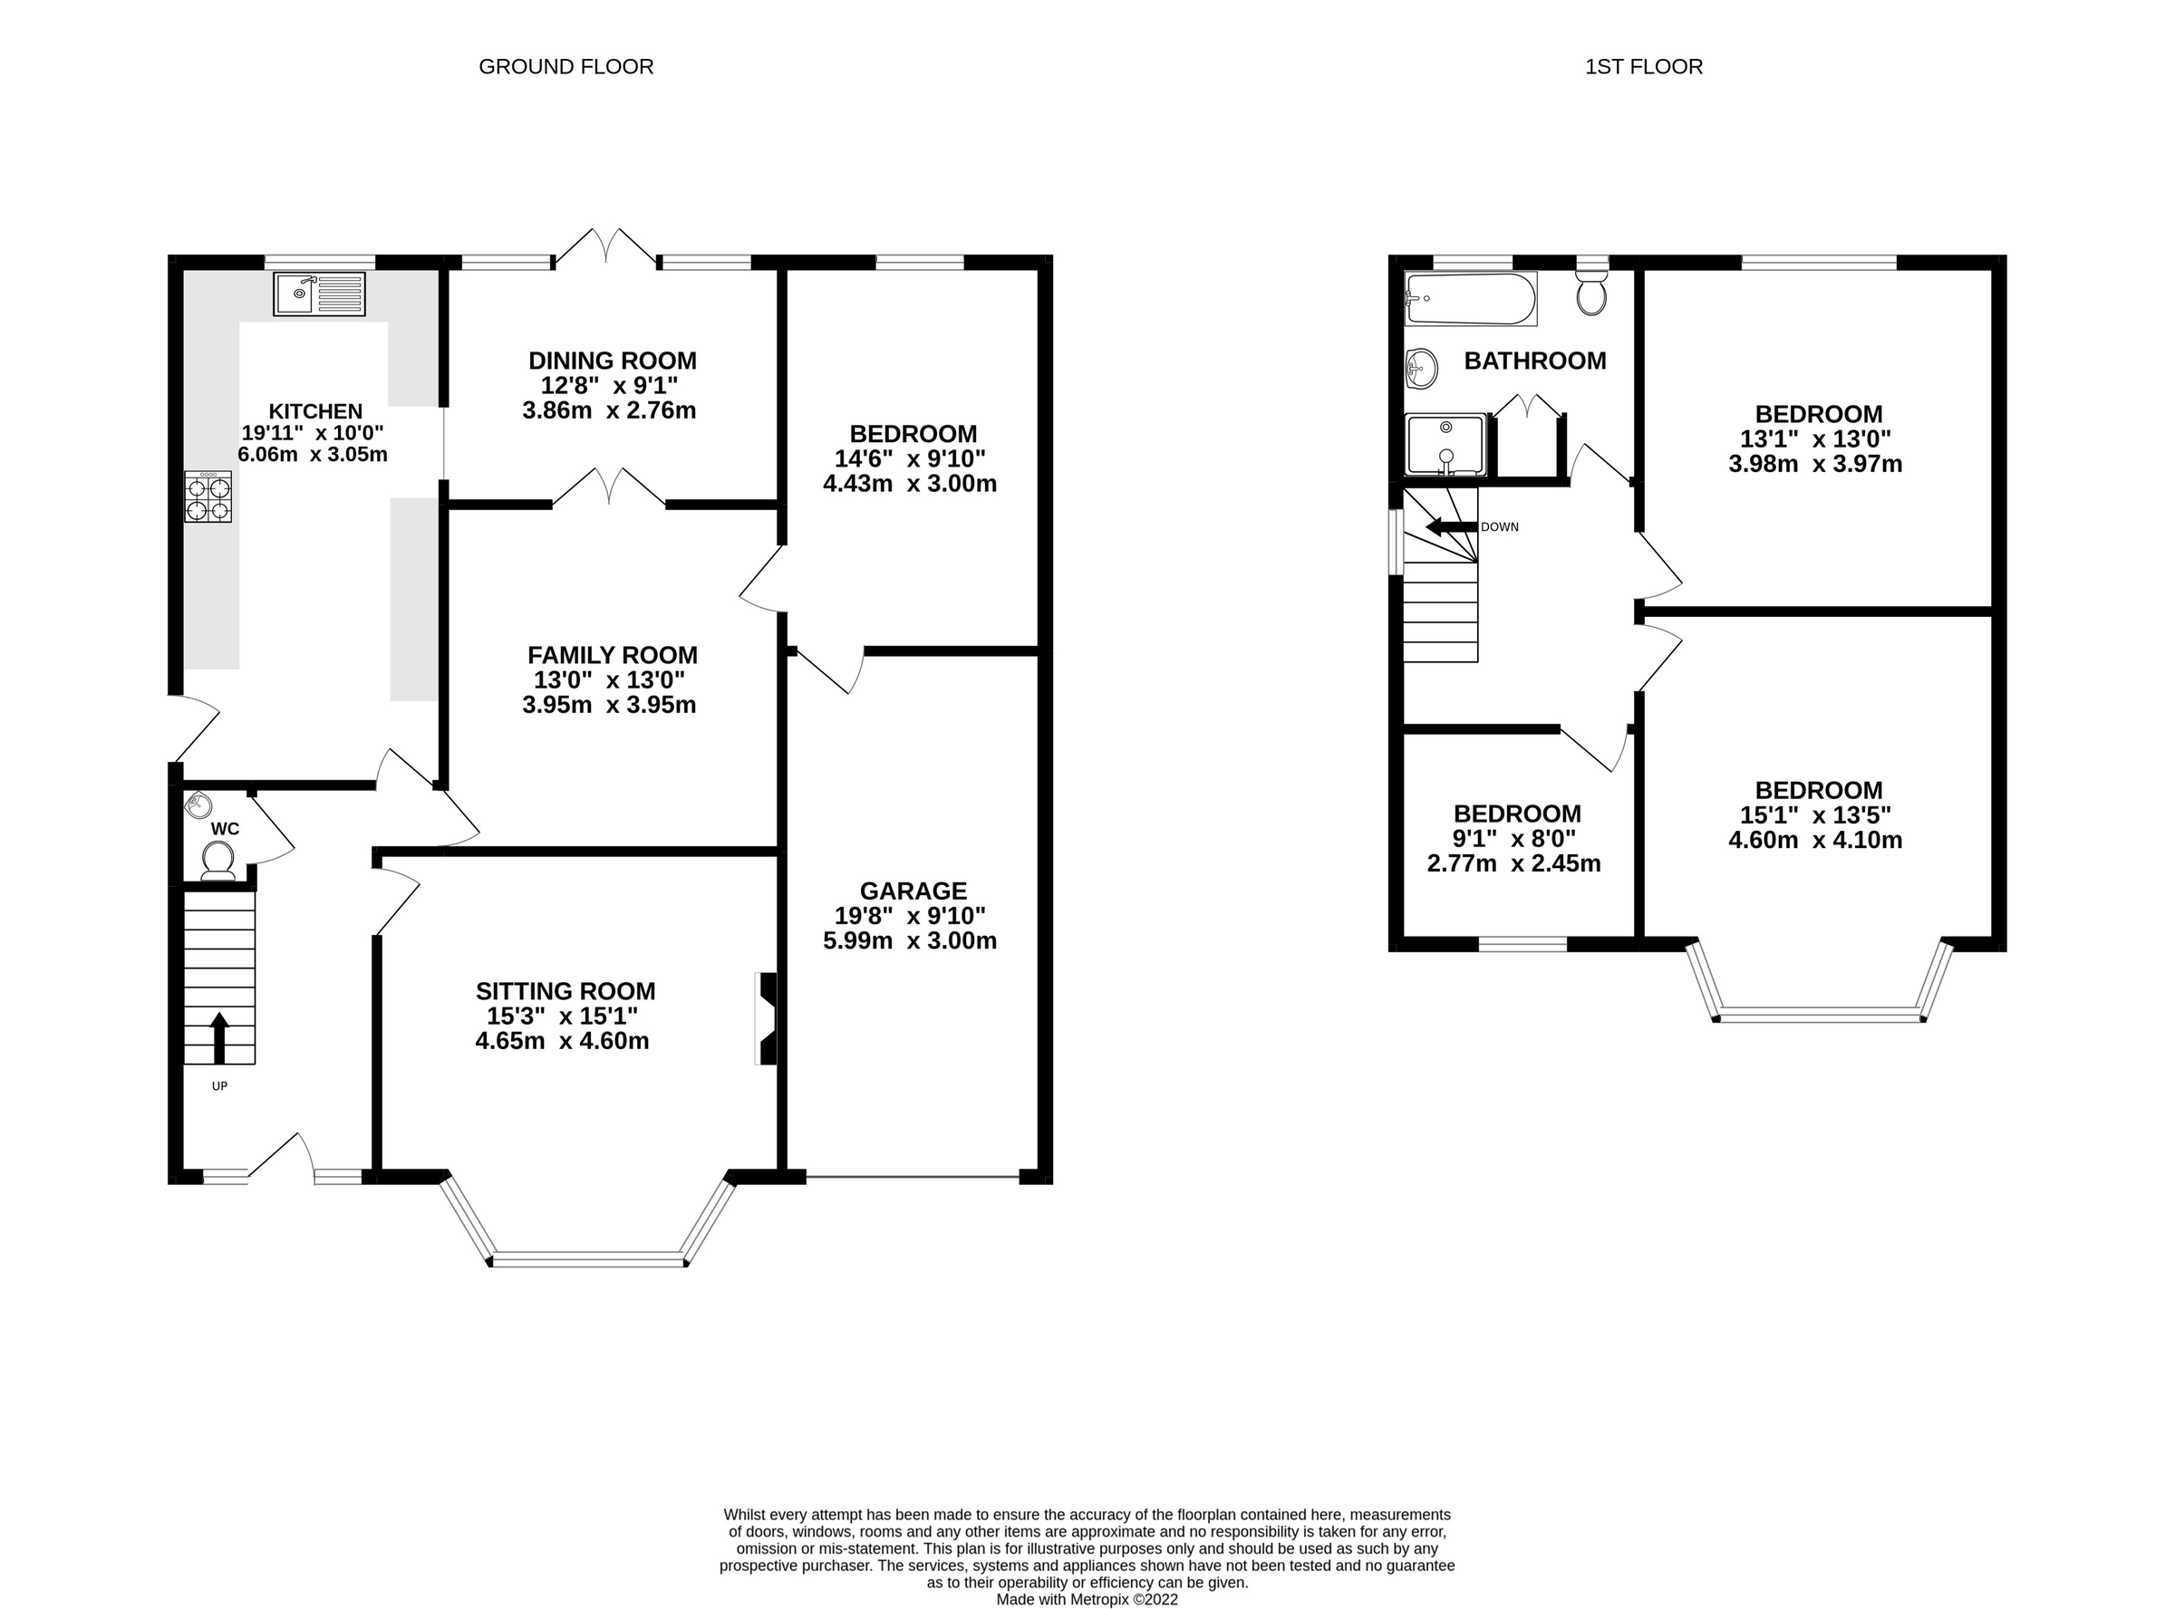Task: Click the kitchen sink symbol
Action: [x=320, y=294]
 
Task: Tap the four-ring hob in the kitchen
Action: [x=208, y=496]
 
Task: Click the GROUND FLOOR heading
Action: [x=565, y=66]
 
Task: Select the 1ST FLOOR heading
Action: [x=1643, y=66]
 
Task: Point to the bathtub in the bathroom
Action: [x=1471, y=299]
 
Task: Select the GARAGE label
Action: [x=913, y=891]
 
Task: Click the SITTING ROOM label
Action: [x=565, y=990]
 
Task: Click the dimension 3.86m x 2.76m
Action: [x=609, y=410]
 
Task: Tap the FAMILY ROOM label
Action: [x=612, y=654]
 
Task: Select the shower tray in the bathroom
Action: [x=1445, y=445]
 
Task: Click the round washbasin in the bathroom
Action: [x=1422, y=369]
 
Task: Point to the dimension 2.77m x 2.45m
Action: [x=1513, y=863]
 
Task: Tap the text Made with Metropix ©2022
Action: [x=1086, y=1599]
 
